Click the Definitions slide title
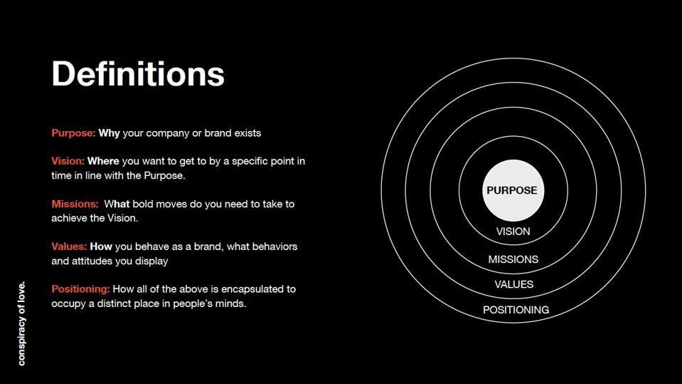(x=138, y=73)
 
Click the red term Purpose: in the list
(x=73, y=133)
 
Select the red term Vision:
(x=68, y=161)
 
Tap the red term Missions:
(x=75, y=204)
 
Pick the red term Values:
(x=69, y=247)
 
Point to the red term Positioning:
(x=80, y=289)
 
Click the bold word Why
(x=109, y=133)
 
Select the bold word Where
(x=103, y=161)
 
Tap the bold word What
(x=117, y=204)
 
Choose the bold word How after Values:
(x=101, y=247)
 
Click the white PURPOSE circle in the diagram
(x=512, y=190)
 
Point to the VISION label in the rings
(x=513, y=232)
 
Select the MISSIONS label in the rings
(x=513, y=259)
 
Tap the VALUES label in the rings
(x=513, y=284)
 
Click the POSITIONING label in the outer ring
(x=516, y=310)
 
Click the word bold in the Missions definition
(x=144, y=204)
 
